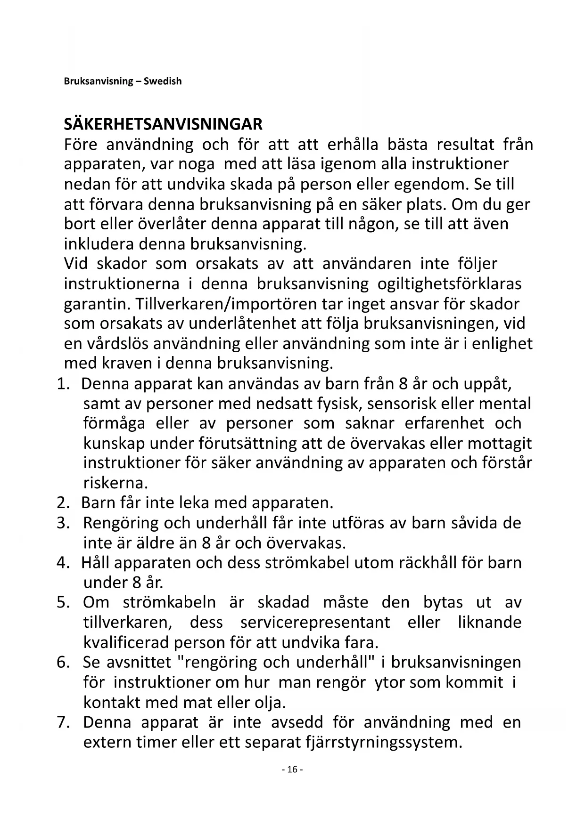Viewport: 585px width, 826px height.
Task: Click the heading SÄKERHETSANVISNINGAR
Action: (163, 124)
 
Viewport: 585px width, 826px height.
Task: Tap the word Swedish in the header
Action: (163, 81)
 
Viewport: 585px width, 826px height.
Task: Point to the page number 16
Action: (292, 769)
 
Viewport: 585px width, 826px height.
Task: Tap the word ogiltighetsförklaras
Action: (449, 284)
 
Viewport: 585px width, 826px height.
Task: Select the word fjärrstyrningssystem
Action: (385, 742)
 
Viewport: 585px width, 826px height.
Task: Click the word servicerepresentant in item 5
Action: (315, 623)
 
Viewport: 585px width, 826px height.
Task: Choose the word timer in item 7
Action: (156, 742)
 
